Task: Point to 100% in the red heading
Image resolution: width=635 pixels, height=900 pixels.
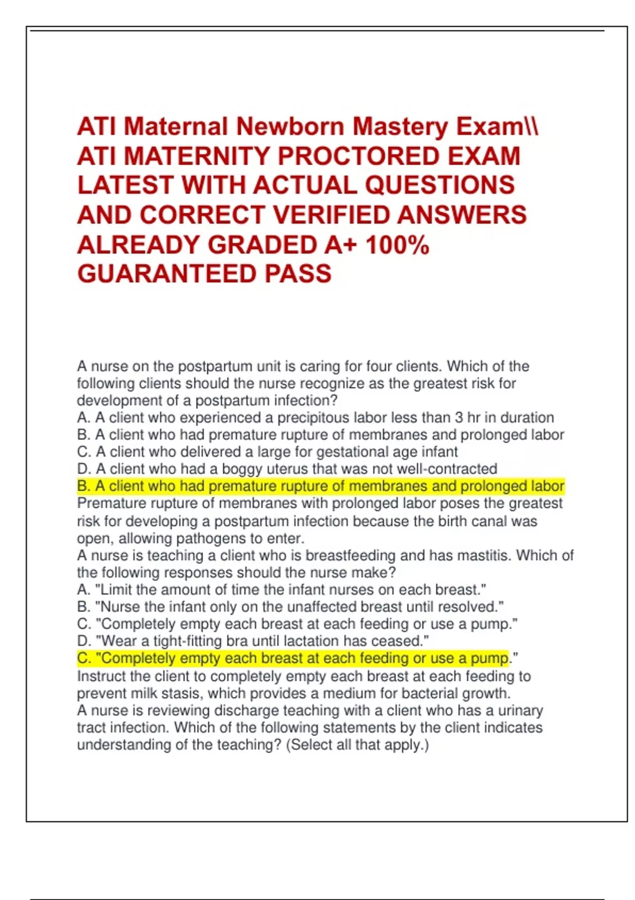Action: pyautogui.click(x=397, y=245)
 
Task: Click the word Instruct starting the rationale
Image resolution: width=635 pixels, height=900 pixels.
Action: pyautogui.click(x=101, y=677)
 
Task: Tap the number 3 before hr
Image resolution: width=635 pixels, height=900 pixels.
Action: pyautogui.click(x=459, y=418)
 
